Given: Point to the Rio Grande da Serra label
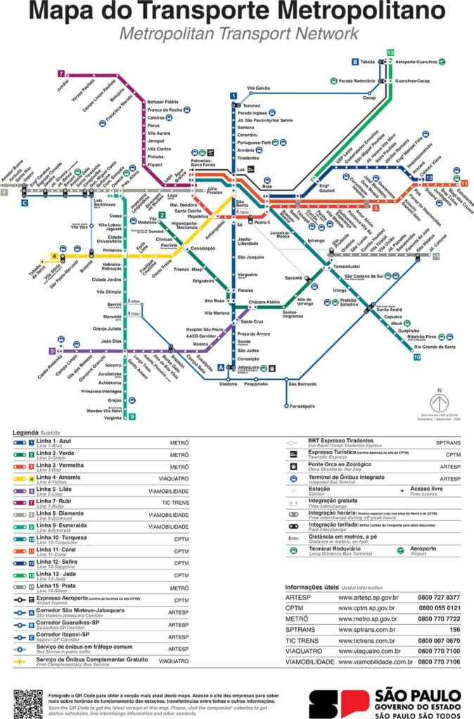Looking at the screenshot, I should click(435, 347).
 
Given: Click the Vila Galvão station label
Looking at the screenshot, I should click(258, 88).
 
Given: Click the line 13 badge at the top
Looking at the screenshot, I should click(390, 53).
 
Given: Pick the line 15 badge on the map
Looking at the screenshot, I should click(436, 257).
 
